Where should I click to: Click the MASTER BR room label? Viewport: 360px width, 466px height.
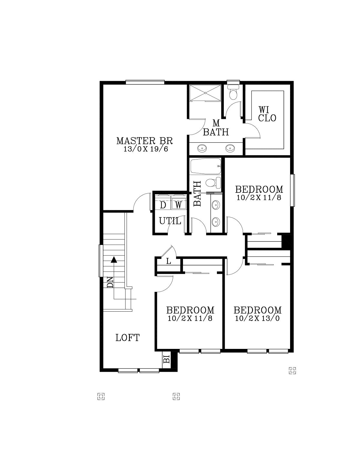pyautogui.click(x=144, y=141)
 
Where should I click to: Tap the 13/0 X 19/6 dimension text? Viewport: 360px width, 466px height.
pyautogui.click(x=145, y=149)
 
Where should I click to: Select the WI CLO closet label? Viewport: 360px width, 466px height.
pyautogui.click(x=267, y=114)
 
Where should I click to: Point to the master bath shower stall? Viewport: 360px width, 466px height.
pyautogui.click(x=205, y=93)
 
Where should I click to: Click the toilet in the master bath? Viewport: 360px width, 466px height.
pyautogui.click(x=233, y=92)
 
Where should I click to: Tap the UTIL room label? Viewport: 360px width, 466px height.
pyautogui.click(x=170, y=221)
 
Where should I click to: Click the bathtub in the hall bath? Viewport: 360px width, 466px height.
pyautogui.click(x=205, y=166)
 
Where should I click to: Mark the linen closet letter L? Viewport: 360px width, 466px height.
pyautogui.click(x=169, y=261)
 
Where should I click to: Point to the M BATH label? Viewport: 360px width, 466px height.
pyautogui.click(x=216, y=128)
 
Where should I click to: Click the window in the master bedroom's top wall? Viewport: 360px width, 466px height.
pyautogui.click(x=145, y=82)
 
